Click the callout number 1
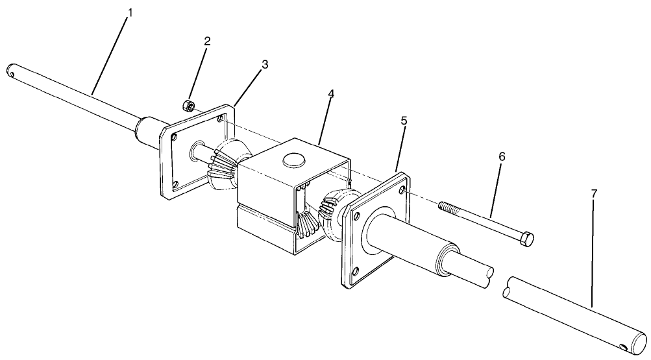[x=130, y=13]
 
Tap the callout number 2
[x=208, y=41]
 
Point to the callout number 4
[x=332, y=94]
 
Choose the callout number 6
[x=501, y=157]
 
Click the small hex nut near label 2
[x=186, y=104]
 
